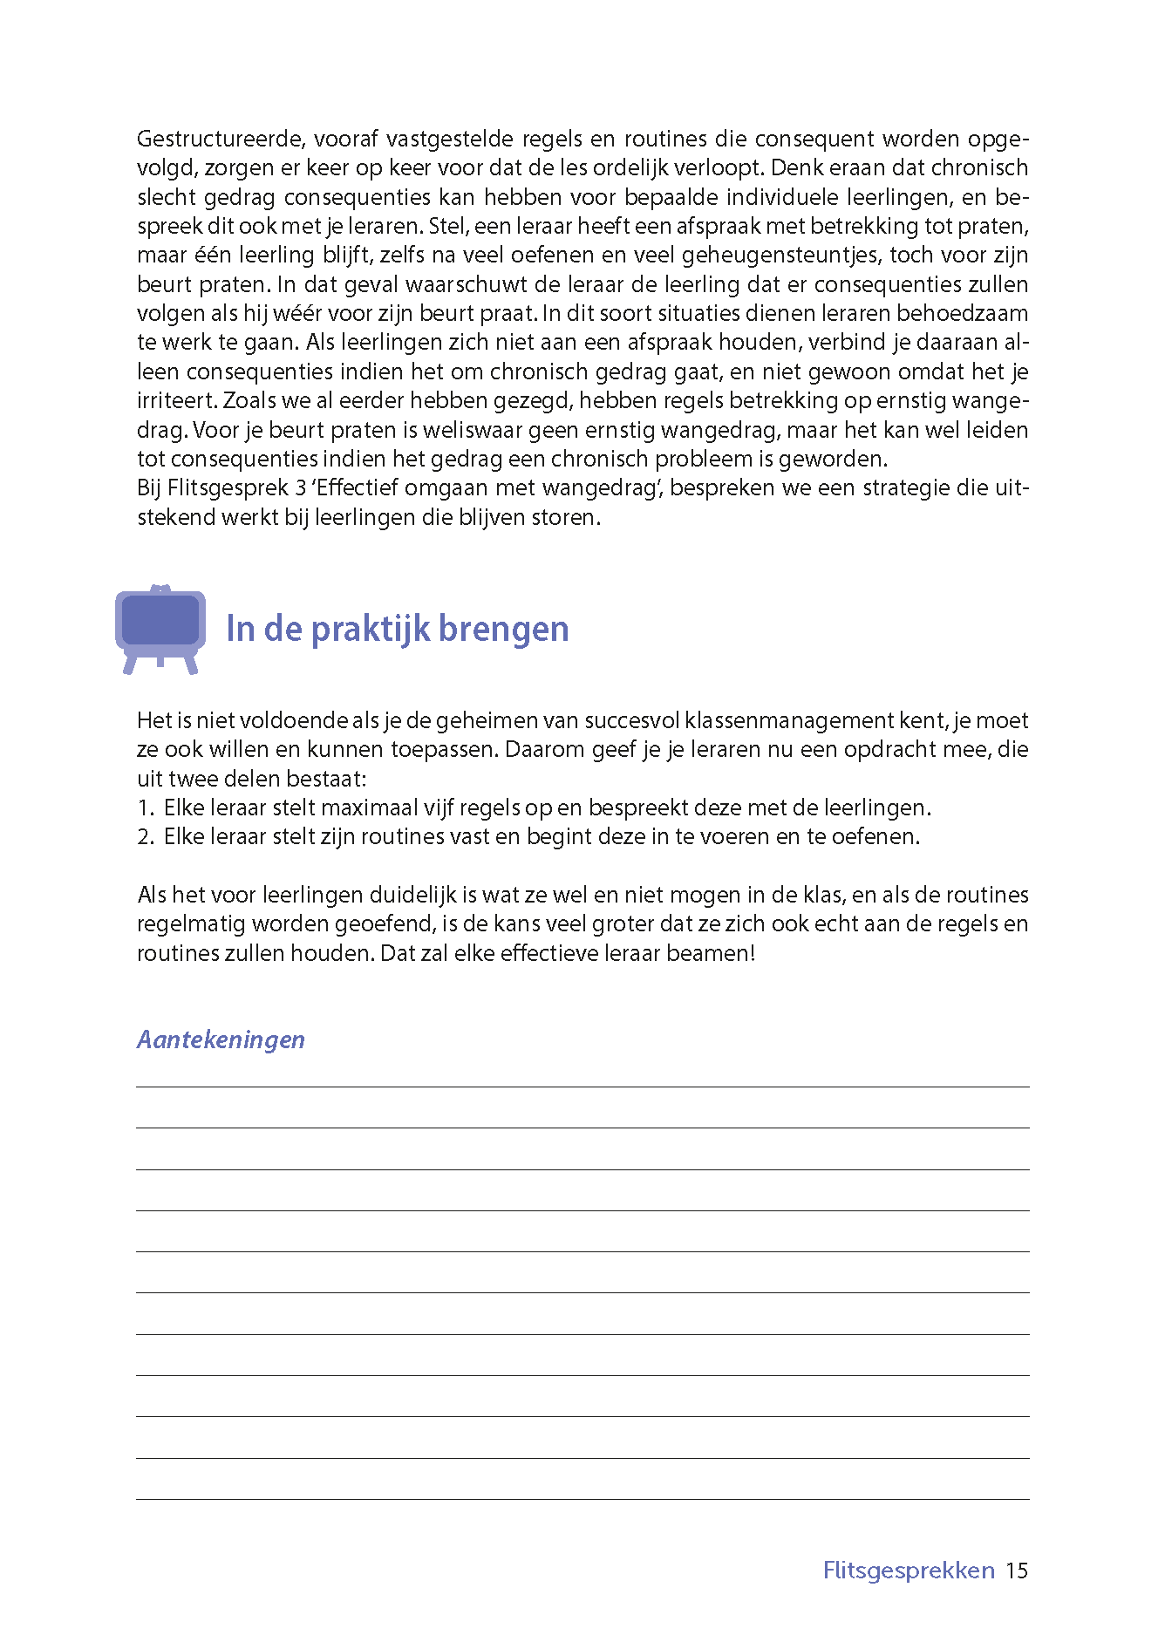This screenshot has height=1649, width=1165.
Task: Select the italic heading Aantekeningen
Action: pos(221,1039)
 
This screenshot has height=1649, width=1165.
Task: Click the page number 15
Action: pos(1017,1571)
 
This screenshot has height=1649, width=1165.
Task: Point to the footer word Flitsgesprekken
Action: pos(909,1571)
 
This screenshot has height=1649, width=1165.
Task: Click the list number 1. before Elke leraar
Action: pos(146,807)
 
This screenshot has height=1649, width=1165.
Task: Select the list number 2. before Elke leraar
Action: pos(146,837)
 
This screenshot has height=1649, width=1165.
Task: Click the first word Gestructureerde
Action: pos(218,139)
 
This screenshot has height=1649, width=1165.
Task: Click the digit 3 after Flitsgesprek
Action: pos(301,487)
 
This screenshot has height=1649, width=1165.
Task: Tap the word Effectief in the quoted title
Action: pos(358,487)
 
